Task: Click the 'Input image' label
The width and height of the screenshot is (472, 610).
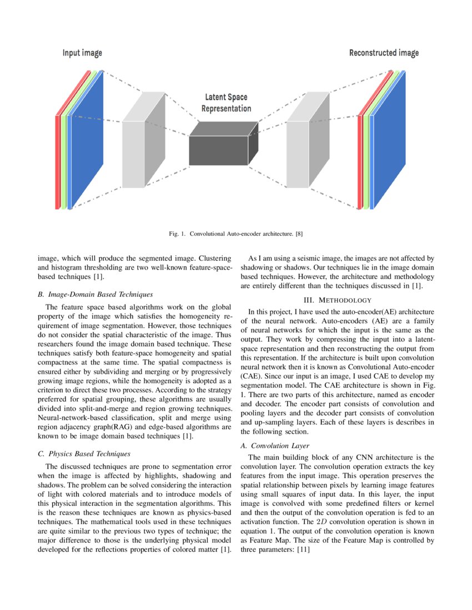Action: [82, 53]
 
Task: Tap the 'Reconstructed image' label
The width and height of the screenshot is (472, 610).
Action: [384, 53]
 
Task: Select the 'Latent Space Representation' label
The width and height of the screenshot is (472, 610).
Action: [225, 103]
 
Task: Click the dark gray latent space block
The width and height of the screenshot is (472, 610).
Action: [218, 150]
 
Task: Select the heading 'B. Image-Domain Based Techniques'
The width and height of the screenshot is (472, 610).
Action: [95, 294]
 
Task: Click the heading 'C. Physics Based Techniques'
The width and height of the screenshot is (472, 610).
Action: [83, 454]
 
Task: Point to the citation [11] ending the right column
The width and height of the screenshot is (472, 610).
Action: [302, 550]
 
